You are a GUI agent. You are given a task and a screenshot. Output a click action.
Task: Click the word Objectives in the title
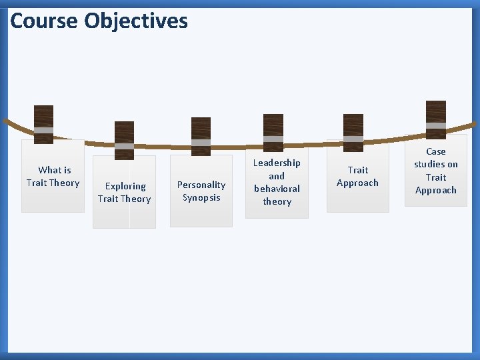click(x=136, y=21)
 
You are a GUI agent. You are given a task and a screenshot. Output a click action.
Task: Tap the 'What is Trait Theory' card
click(x=53, y=177)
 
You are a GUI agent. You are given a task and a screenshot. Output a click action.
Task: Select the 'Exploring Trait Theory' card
click(x=124, y=193)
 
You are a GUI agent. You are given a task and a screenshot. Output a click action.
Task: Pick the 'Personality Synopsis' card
click(x=201, y=191)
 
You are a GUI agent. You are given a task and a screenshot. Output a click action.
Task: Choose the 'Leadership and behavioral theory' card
click(x=277, y=182)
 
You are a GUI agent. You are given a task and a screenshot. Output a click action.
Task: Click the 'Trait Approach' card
click(x=357, y=177)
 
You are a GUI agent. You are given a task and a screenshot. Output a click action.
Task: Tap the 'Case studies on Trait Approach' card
click(x=436, y=171)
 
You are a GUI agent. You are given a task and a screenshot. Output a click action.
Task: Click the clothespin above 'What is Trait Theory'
click(x=44, y=124)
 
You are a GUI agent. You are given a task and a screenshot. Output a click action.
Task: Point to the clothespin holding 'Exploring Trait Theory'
click(x=124, y=140)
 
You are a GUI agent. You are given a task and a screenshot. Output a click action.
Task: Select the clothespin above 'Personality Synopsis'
click(x=201, y=137)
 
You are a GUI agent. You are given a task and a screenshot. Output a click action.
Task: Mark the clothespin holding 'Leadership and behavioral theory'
click(x=273, y=133)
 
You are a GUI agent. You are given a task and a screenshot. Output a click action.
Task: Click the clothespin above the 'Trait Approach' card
click(x=353, y=133)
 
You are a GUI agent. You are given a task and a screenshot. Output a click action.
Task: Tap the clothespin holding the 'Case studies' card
click(x=436, y=120)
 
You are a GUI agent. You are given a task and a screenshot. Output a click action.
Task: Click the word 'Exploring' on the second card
click(x=125, y=186)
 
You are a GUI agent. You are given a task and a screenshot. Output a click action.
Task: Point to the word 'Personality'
click(x=201, y=185)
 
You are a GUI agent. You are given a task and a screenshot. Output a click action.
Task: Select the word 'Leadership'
click(x=277, y=163)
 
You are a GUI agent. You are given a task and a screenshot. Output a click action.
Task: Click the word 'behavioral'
click(x=277, y=189)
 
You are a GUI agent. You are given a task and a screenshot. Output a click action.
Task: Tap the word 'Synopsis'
click(x=201, y=197)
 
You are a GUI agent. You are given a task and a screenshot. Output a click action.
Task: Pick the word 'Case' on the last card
click(x=436, y=151)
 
